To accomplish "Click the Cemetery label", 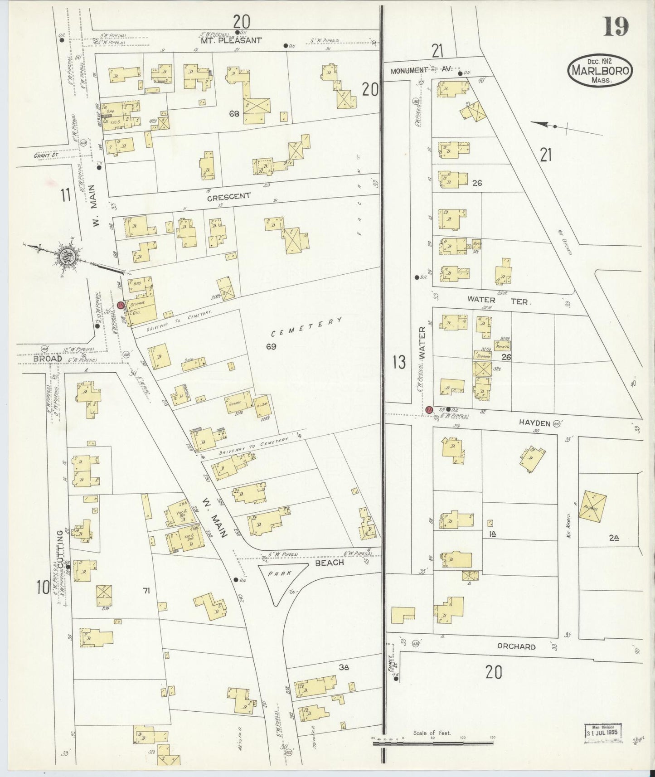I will pyautogui.click(x=306, y=327).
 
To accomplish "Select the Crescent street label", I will pyautogui.click(x=228, y=197).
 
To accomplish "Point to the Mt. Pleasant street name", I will pyautogui.click(x=232, y=40).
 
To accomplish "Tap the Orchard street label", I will pyautogui.click(x=516, y=646).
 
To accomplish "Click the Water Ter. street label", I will pyautogui.click(x=498, y=300).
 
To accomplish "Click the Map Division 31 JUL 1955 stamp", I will pyautogui.click(x=602, y=732).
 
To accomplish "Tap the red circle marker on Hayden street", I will pyautogui.click(x=428, y=409).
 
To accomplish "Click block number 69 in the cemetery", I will pyautogui.click(x=271, y=347).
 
